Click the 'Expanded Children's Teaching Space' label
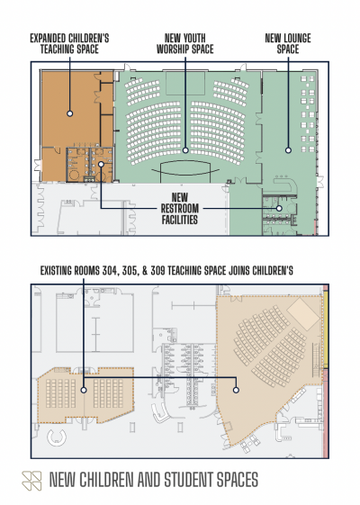tap(69, 43)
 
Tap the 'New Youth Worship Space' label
tap(185, 43)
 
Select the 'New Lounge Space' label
tap(288, 43)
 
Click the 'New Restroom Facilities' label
tap(180, 208)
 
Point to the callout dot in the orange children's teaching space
tap(70, 113)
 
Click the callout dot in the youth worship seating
tap(185, 150)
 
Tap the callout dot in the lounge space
tap(288, 150)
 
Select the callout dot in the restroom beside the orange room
tap(101, 164)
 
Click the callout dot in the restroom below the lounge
tap(279, 208)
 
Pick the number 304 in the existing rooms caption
tap(111, 271)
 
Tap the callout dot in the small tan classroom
tap(84, 390)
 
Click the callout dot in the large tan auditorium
tap(236, 390)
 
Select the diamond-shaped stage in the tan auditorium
tap(302, 314)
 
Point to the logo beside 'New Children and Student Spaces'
tap(31, 481)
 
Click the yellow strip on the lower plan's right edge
tap(326, 329)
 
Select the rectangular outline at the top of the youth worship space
tap(185, 83)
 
